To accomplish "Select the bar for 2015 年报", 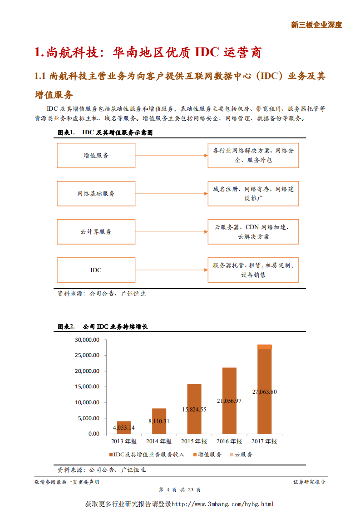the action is pyautogui.click(x=194, y=409).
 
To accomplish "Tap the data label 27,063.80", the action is pyautogui.click(x=264, y=392).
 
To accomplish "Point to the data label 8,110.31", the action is pyautogui.click(x=158, y=421).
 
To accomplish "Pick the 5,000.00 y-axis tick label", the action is pyautogui.click(x=88, y=418).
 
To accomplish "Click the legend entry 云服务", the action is pyautogui.click(x=242, y=454).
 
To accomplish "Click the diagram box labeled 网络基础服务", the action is pyautogui.click(x=96, y=193).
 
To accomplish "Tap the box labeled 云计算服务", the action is pyautogui.click(x=96, y=231).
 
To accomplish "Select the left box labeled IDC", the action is pyautogui.click(x=96, y=270).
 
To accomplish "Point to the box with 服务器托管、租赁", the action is pyautogui.click(x=253, y=270).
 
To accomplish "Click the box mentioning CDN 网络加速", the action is pyautogui.click(x=253, y=231).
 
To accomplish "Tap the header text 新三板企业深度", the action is pyautogui.click(x=316, y=25).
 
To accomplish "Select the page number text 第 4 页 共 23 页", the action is pyautogui.click(x=180, y=490).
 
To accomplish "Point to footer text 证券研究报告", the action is pyautogui.click(x=309, y=482).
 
